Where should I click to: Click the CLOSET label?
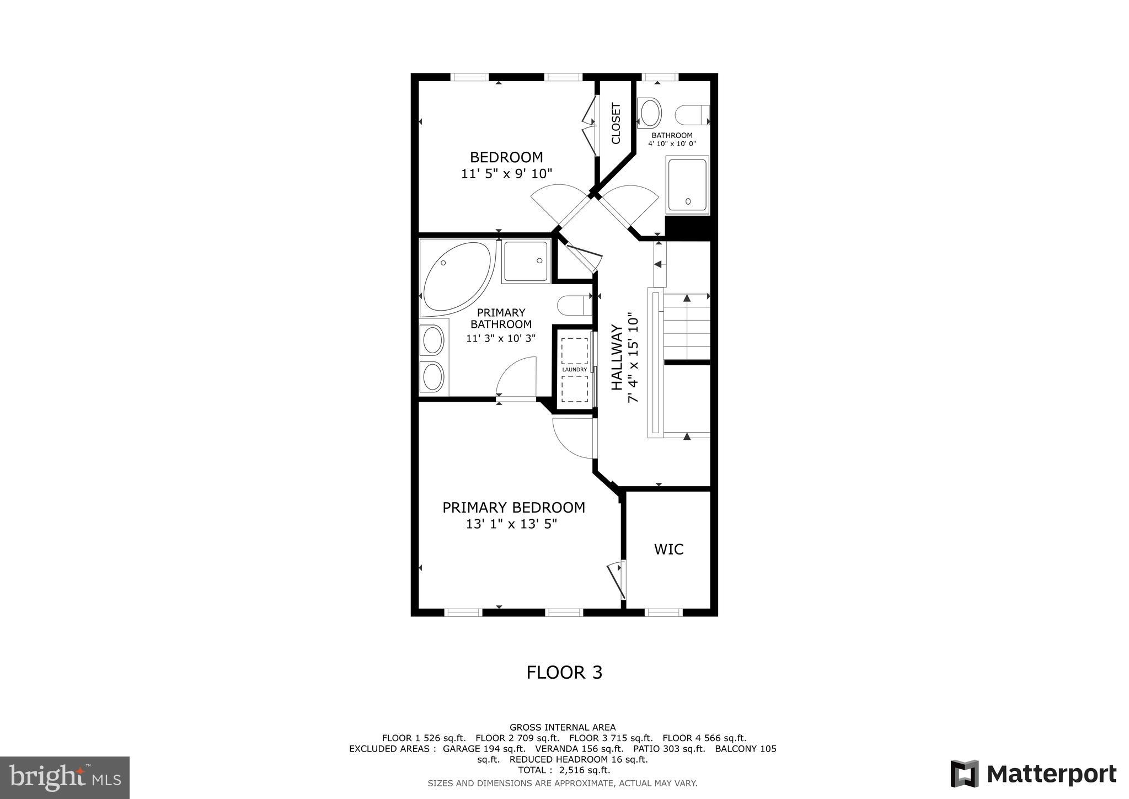[616, 124]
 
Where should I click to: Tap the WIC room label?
[668, 550]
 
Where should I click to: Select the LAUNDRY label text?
[574, 370]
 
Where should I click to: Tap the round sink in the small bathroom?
[649, 113]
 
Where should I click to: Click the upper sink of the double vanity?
[432, 340]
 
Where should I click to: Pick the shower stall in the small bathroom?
[687, 185]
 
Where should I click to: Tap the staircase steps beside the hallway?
[686, 327]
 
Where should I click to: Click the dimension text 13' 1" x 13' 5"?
[511, 524]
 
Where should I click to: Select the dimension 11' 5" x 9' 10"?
[506, 174]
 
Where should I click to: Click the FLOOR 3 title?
[564, 673]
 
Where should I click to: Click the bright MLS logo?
[65, 777]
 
